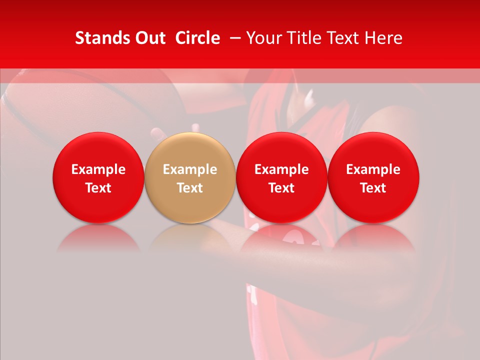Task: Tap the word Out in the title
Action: tap(148, 38)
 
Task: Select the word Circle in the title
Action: tap(197, 38)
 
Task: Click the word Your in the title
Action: tap(263, 38)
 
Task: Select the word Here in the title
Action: tap(383, 38)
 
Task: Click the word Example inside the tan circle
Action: tap(190, 169)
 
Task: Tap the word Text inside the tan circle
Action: tap(190, 188)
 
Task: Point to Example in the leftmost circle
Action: tap(98, 169)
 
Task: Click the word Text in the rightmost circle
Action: tap(373, 188)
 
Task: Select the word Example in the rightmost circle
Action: tap(373, 169)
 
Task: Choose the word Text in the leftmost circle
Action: tap(98, 188)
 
